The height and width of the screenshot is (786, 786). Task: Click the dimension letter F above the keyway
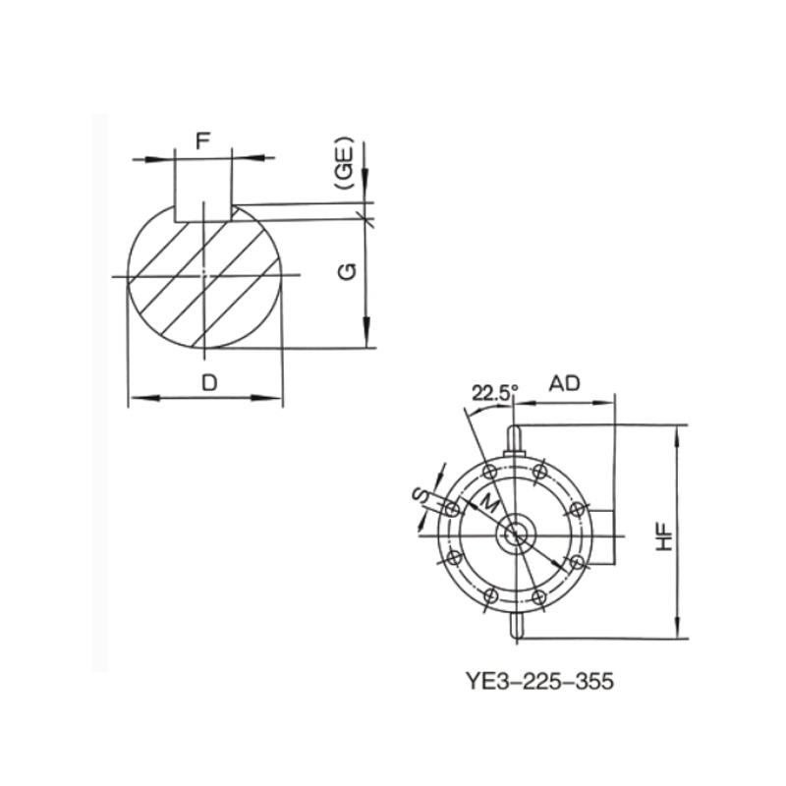click(x=202, y=140)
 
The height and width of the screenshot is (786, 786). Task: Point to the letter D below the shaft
click(x=208, y=383)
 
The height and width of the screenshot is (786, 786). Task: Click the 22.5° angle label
click(x=493, y=393)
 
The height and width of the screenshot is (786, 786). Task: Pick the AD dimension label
click(x=564, y=384)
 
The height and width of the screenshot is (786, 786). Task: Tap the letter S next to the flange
click(x=420, y=496)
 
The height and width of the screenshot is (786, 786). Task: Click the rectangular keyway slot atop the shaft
click(x=203, y=192)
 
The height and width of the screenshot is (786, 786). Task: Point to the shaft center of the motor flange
click(x=514, y=534)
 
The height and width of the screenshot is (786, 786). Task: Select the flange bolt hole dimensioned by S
click(x=451, y=509)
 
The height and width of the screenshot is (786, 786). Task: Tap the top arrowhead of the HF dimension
click(x=677, y=432)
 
